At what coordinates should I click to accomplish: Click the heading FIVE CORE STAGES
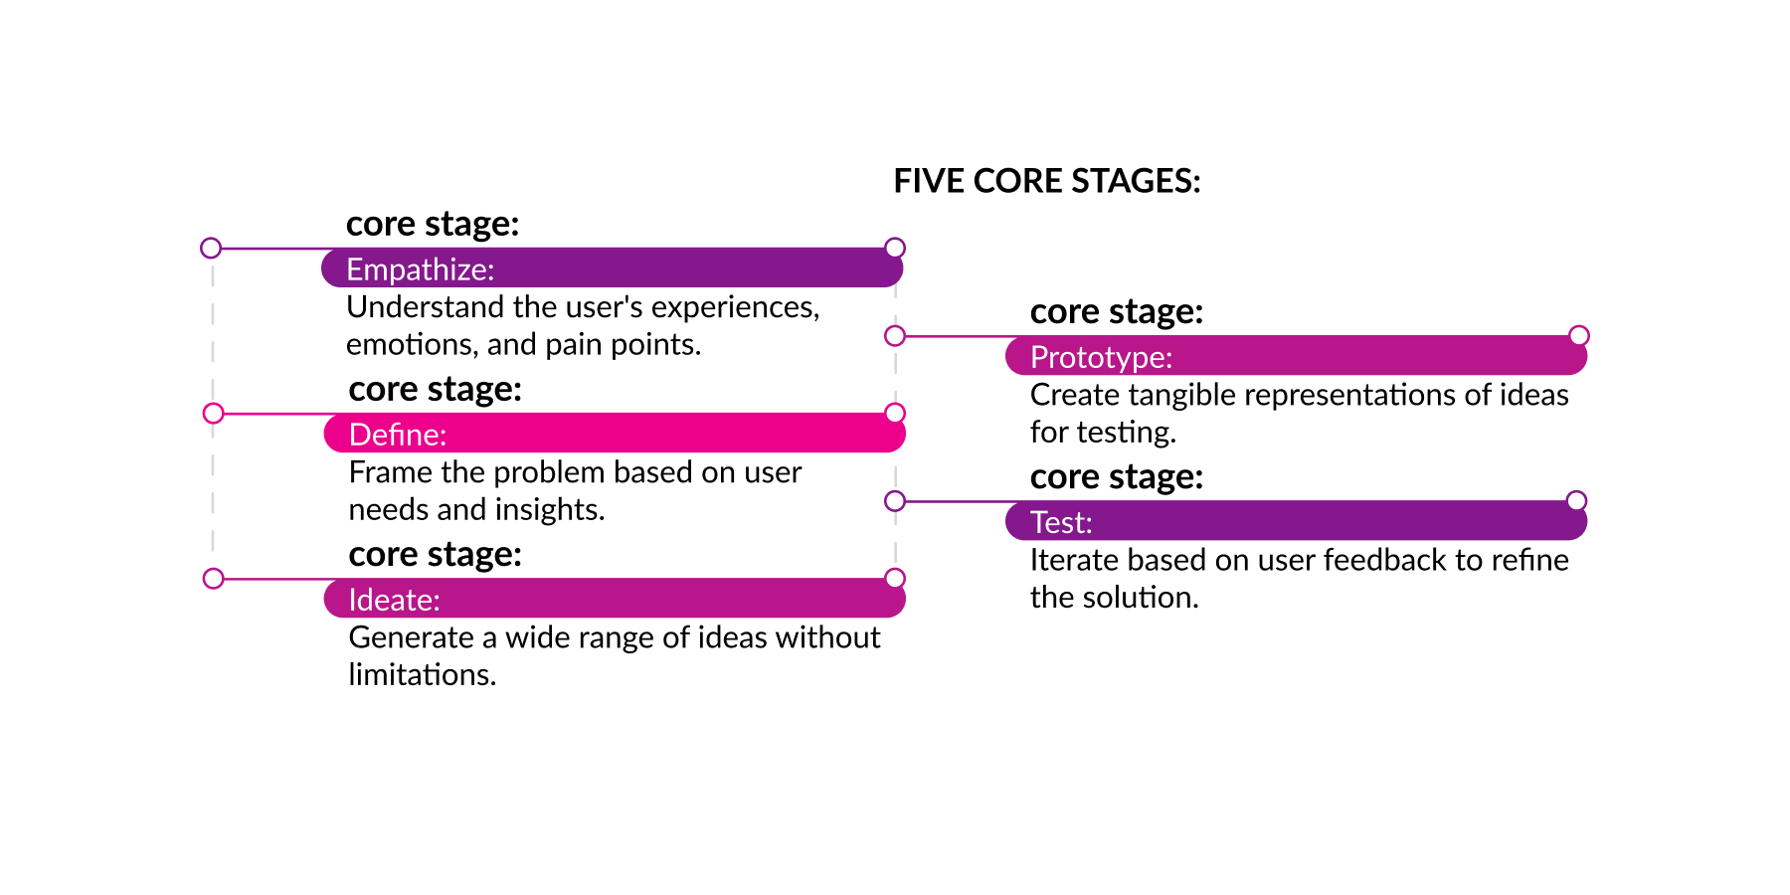pyautogui.click(x=1047, y=181)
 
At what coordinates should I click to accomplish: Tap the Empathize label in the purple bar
pyautogui.click(x=420, y=269)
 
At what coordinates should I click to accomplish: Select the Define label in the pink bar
pyautogui.click(x=398, y=435)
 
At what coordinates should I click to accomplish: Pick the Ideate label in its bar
pyautogui.click(x=394, y=600)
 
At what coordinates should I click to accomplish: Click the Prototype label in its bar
pyautogui.click(x=1101, y=357)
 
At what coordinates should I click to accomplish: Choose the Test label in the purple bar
pyautogui.click(x=1061, y=522)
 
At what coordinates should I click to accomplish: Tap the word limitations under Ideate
pyautogui.click(x=422, y=674)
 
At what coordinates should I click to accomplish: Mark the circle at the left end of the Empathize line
pyautogui.click(x=211, y=248)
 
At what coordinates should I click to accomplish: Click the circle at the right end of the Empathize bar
pyautogui.click(x=895, y=248)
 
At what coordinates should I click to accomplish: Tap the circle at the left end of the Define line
pyautogui.click(x=213, y=413)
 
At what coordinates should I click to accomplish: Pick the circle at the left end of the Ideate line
pyautogui.click(x=213, y=578)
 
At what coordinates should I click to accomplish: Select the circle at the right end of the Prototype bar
pyautogui.click(x=1579, y=335)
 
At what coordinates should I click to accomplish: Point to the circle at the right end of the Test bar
pyautogui.click(x=1576, y=500)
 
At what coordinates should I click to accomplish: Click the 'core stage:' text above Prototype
pyautogui.click(x=1117, y=312)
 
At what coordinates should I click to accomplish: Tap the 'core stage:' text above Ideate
pyautogui.click(x=435, y=555)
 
